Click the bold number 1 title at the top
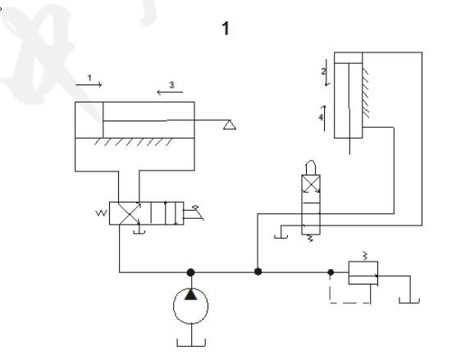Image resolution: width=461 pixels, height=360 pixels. (x=226, y=29)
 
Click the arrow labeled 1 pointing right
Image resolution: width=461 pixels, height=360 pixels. (x=89, y=85)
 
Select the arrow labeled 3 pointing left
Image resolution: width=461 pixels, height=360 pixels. (x=170, y=93)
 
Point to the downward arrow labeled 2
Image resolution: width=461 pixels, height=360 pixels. (x=326, y=73)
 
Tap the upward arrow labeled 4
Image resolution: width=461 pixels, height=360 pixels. (x=325, y=118)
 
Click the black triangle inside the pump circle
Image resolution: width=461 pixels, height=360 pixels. (x=191, y=294)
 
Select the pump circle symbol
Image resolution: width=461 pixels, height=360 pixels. (x=191, y=306)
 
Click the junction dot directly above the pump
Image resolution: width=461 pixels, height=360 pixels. (x=191, y=272)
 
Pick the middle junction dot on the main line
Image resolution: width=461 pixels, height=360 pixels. (x=258, y=271)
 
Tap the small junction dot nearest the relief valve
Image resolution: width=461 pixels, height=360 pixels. (x=331, y=272)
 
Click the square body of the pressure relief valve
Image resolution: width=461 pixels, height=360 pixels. (x=363, y=273)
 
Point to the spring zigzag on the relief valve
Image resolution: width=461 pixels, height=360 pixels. (x=365, y=256)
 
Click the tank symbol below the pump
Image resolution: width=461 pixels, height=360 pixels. (x=191, y=343)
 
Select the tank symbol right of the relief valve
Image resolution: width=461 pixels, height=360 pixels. (x=409, y=300)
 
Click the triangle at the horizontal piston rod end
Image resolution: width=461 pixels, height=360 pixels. (x=230, y=125)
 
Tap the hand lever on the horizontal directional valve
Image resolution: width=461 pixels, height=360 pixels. (x=194, y=214)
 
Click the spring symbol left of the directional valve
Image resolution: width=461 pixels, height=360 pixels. (x=102, y=212)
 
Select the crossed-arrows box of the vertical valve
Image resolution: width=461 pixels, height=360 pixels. (x=311, y=184)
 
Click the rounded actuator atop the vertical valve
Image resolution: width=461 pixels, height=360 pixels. (x=311, y=167)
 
